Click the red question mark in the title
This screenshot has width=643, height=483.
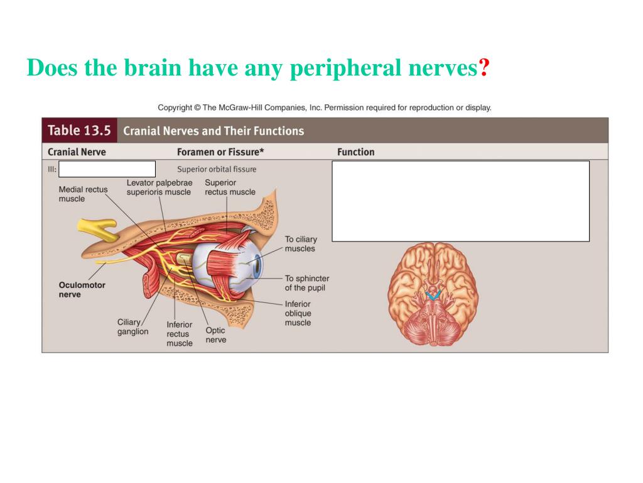click(484, 67)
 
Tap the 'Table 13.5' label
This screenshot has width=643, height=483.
click(79, 130)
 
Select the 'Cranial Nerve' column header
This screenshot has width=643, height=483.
click(77, 152)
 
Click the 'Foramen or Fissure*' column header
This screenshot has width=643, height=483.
click(220, 152)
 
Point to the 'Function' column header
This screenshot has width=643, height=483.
click(355, 152)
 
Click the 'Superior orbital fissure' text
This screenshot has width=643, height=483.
click(217, 169)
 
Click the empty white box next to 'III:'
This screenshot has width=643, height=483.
click(107, 169)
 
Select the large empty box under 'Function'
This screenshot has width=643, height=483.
click(460, 201)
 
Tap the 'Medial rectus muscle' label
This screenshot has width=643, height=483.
click(83, 194)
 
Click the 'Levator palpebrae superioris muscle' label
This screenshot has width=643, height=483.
click(159, 187)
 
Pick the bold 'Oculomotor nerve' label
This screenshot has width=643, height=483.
click(82, 289)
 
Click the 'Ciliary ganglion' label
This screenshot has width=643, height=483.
click(132, 327)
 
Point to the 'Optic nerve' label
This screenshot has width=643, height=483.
click(215, 335)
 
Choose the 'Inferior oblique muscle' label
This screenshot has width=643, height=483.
click(298, 313)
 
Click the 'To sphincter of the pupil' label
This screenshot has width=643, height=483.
click(306, 283)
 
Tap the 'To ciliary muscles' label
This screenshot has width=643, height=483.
click(301, 244)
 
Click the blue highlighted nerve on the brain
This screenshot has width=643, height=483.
click(432, 293)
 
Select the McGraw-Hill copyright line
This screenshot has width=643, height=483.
click(324, 108)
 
